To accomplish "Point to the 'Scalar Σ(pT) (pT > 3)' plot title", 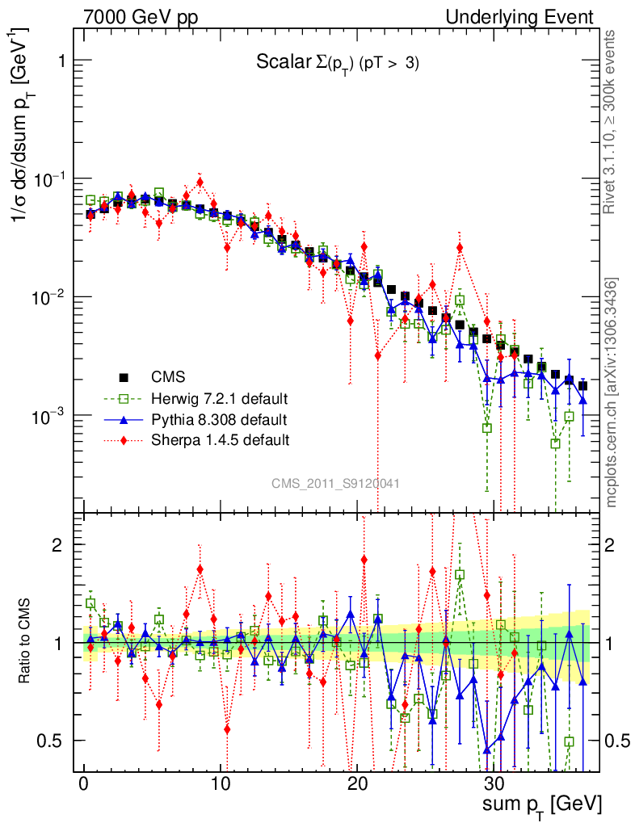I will tap(338, 64).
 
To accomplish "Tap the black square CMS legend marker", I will tap(124, 376).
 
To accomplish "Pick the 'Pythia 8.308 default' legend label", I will tap(218, 419).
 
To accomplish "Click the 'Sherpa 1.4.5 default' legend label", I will tap(221, 440).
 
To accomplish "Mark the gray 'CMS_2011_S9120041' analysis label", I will tap(335, 483).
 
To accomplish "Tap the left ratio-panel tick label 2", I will tap(57, 544).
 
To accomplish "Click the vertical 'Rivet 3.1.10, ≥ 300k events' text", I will tap(612, 121).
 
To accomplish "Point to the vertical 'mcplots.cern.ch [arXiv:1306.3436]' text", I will tap(612, 393).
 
